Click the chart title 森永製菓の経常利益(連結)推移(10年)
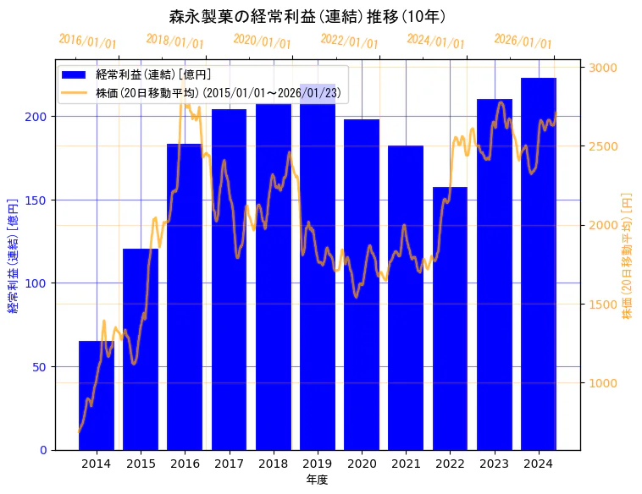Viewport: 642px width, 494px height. click(307, 16)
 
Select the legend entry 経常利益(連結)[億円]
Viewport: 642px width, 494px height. click(153, 74)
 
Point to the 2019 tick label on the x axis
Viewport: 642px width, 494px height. click(318, 464)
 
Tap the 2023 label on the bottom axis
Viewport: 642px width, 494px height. click(495, 464)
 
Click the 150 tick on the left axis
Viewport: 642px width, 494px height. click(40, 200)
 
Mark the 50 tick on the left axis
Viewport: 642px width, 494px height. click(43, 366)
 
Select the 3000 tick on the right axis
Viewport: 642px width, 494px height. click(603, 68)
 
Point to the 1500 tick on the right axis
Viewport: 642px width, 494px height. click(603, 304)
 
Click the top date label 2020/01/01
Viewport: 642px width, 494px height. click(262, 41)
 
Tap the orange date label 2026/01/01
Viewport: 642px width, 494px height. click(523, 41)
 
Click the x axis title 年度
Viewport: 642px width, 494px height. click(317, 479)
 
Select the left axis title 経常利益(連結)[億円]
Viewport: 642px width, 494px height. click(13, 255)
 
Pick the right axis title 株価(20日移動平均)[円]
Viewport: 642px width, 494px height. click(628, 255)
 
